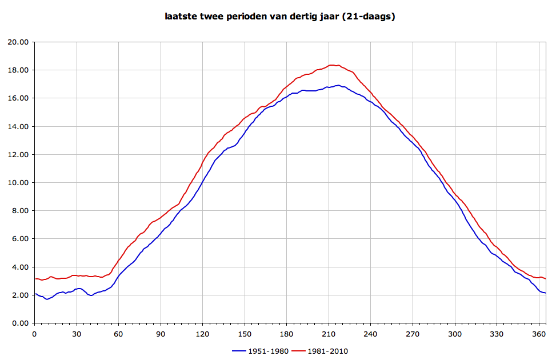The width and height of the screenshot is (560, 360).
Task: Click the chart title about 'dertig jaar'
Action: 280,17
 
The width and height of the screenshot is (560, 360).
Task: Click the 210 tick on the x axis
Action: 329,334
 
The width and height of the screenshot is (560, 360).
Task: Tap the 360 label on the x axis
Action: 539,334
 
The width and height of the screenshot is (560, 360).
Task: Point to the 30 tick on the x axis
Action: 77,334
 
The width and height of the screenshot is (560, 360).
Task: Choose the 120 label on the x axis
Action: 202,334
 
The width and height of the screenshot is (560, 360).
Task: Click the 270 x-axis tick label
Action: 413,334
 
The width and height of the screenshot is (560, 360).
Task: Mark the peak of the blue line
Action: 338,85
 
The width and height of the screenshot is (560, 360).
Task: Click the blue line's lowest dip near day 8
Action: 47,299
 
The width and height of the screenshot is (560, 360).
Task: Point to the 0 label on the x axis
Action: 35,334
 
